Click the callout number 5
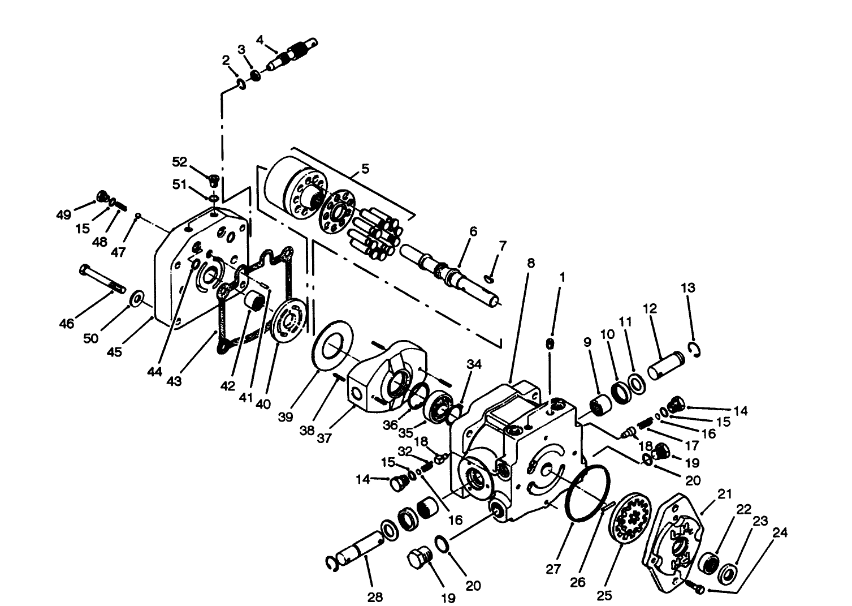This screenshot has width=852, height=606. [365, 169]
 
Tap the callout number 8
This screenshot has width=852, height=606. [530, 264]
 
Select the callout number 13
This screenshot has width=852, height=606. [687, 287]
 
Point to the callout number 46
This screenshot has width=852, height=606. [67, 324]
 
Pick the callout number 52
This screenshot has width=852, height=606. [179, 162]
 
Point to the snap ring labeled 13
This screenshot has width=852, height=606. [696, 350]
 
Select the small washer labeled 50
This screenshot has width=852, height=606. [136, 298]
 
